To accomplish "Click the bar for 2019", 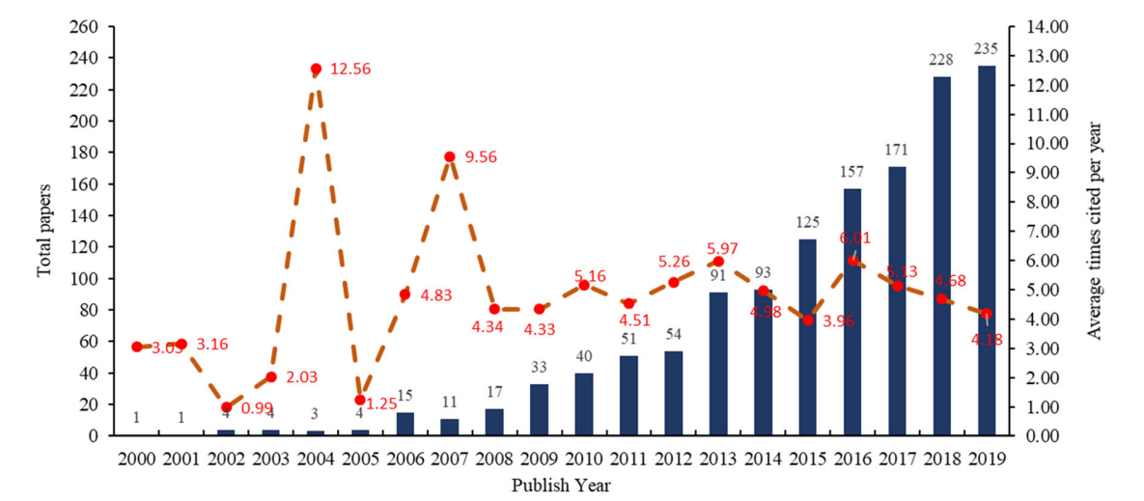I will point(987,250).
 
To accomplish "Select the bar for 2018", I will point(941,256).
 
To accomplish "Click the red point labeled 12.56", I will point(316,69).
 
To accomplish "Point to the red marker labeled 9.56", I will point(450,156).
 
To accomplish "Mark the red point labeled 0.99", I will point(226,407).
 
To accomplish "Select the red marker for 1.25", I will point(360,400).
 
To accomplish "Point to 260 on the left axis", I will point(84,26).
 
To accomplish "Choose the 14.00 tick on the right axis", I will point(1040,26).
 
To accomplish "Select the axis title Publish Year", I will point(561,483).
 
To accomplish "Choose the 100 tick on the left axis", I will point(84,278).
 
